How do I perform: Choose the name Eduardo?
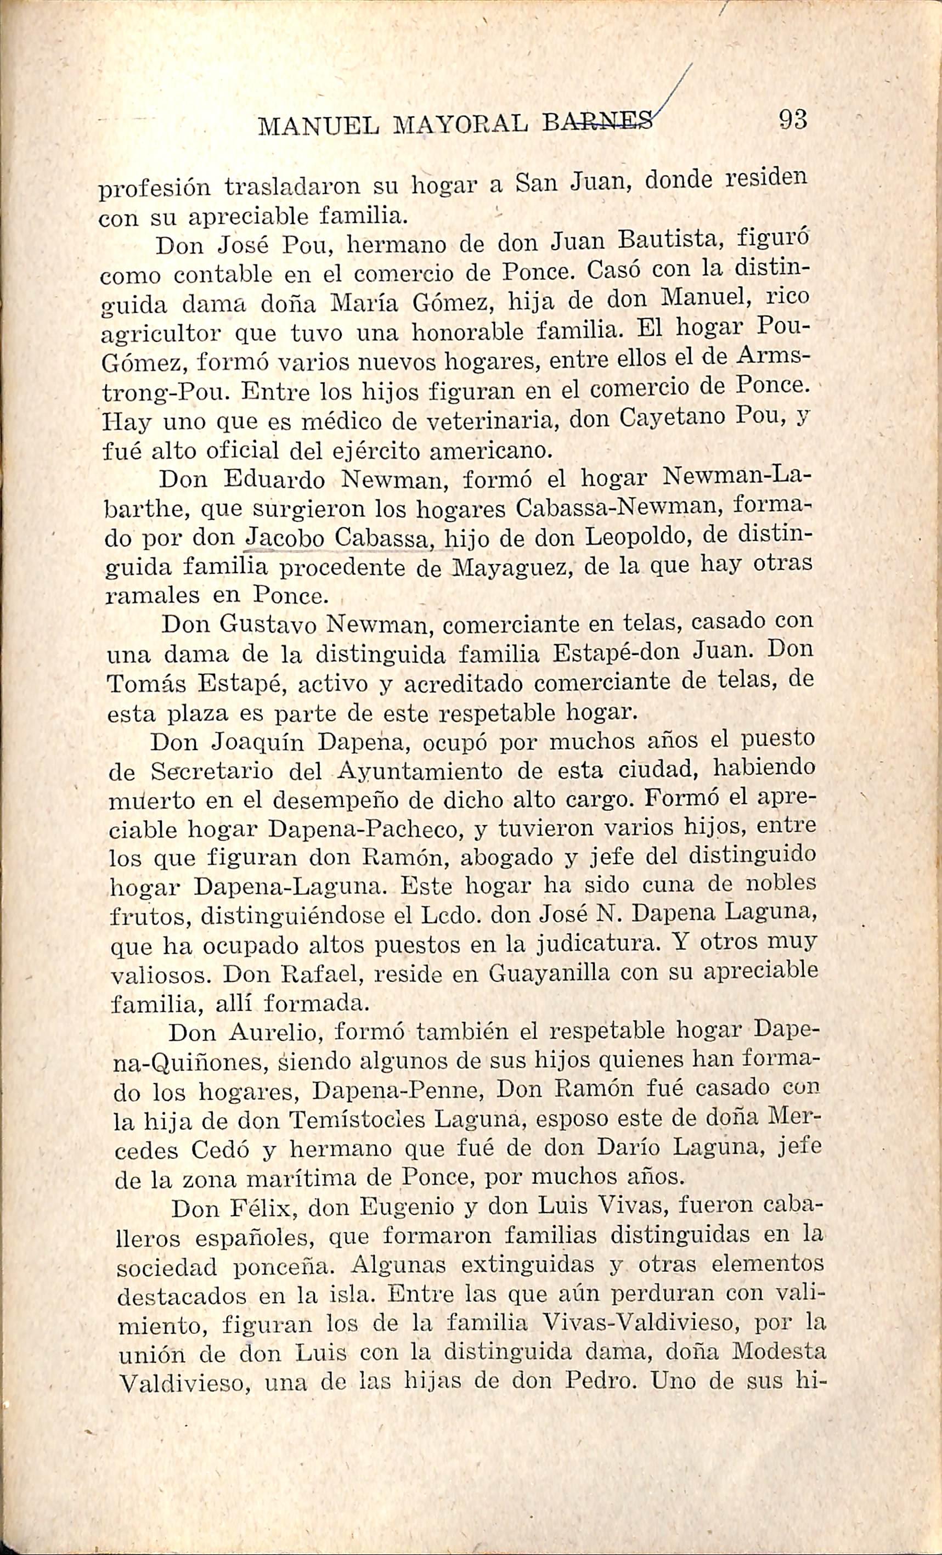click(274, 480)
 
